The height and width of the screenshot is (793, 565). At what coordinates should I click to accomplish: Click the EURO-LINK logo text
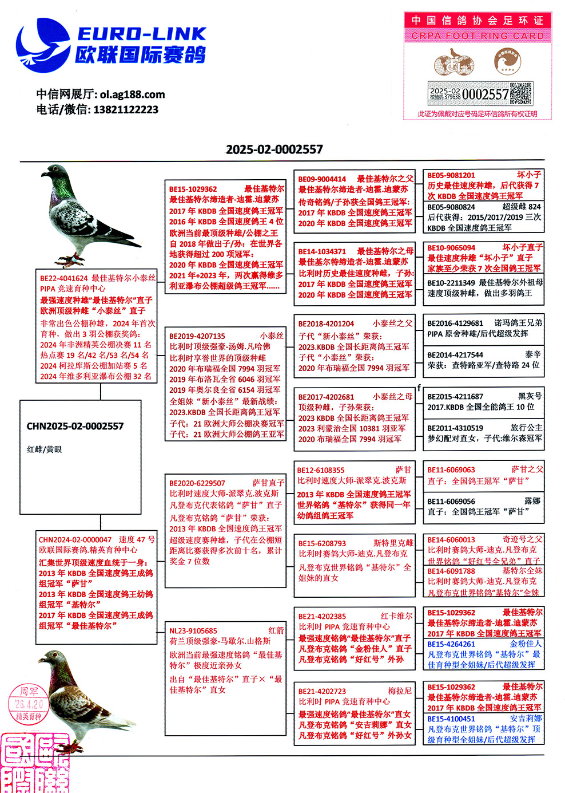pyautogui.click(x=141, y=34)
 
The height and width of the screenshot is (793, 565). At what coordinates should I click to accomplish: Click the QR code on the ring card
pyautogui.click(x=521, y=94)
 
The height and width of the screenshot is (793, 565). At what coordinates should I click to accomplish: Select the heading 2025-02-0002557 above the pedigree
pyautogui.click(x=274, y=149)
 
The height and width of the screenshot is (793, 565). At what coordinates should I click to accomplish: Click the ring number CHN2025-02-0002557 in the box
pyautogui.click(x=75, y=426)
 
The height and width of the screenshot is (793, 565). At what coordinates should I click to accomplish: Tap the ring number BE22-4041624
pyautogui.click(x=63, y=278)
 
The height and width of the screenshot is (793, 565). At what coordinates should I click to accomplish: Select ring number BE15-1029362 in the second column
pyautogui.click(x=193, y=189)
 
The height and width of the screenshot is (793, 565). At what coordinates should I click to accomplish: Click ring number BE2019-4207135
pyautogui.click(x=197, y=336)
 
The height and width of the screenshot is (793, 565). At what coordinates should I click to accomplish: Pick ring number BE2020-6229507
pyautogui.click(x=197, y=483)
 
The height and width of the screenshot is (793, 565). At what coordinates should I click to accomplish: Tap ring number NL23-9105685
pyautogui.click(x=193, y=630)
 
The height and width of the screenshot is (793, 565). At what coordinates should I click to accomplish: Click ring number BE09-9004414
pyautogui.click(x=322, y=179)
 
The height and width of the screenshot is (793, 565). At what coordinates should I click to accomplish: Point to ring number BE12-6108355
pyautogui.click(x=321, y=470)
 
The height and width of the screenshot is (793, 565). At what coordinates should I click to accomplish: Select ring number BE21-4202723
pyautogui.click(x=322, y=691)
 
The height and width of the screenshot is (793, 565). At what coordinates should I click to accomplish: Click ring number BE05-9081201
pyautogui.click(x=451, y=175)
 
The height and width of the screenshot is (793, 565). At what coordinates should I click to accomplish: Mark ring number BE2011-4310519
pyautogui.click(x=455, y=428)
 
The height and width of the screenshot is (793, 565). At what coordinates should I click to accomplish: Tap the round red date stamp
pyautogui.click(x=27, y=704)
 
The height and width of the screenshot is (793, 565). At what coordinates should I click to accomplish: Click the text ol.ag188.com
pyautogui.click(x=132, y=94)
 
